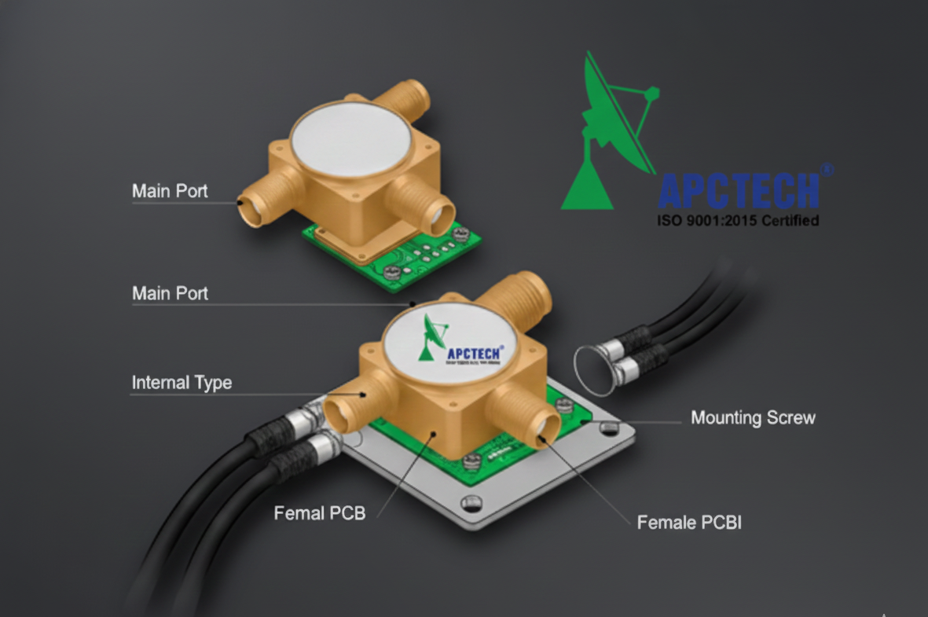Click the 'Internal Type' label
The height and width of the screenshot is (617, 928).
pyautogui.click(x=182, y=383)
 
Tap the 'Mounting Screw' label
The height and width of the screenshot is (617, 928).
pyautogui.click(x=753, y=417)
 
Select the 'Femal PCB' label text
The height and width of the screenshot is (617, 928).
pyautogui.click(x=319, y=513)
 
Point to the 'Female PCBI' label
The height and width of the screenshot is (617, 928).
pyautogui.click(x=688, y=521)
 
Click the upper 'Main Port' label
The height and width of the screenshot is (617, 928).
pyautogui.click(x=170, y=191)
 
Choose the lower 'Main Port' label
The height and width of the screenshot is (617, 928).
pyautogui.click(x=170, y=293)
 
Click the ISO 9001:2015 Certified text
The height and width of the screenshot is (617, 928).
pyautogui.click(x=738, y=220)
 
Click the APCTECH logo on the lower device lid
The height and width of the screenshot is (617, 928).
pyautogui.click(x=463, y=343)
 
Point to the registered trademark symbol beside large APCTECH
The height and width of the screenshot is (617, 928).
pyautogui.click(x=826, y=169)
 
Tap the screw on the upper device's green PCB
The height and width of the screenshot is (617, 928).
pyautogui.click(x=460, y=233)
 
